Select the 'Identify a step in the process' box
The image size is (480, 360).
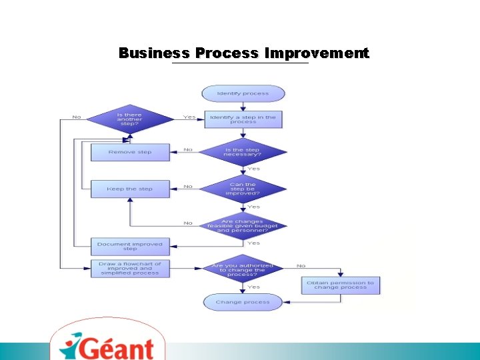coord(243,119)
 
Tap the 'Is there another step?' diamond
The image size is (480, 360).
coord(129,119)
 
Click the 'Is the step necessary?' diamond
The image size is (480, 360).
coord(243,153)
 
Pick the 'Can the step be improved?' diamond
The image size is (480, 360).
coord(243,189)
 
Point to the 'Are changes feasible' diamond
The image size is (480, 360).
coord(243,225)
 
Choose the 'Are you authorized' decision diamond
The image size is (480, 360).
coord(243,270)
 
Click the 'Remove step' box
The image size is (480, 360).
coord(130,152)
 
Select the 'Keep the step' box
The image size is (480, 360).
coord(130,189)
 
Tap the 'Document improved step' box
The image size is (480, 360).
coord(130,246)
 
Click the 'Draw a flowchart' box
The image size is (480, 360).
coord(130,269)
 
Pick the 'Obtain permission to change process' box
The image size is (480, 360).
coord(340,285)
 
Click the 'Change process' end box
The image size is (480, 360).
coord(243,302)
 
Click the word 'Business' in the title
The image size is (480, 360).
coord(154,53)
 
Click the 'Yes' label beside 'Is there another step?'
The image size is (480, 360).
coord(189,117)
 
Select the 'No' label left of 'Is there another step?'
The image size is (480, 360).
coord(77,117)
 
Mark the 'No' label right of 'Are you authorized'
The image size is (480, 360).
coord(301,266)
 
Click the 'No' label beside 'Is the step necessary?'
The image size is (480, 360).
coord(188,149)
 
